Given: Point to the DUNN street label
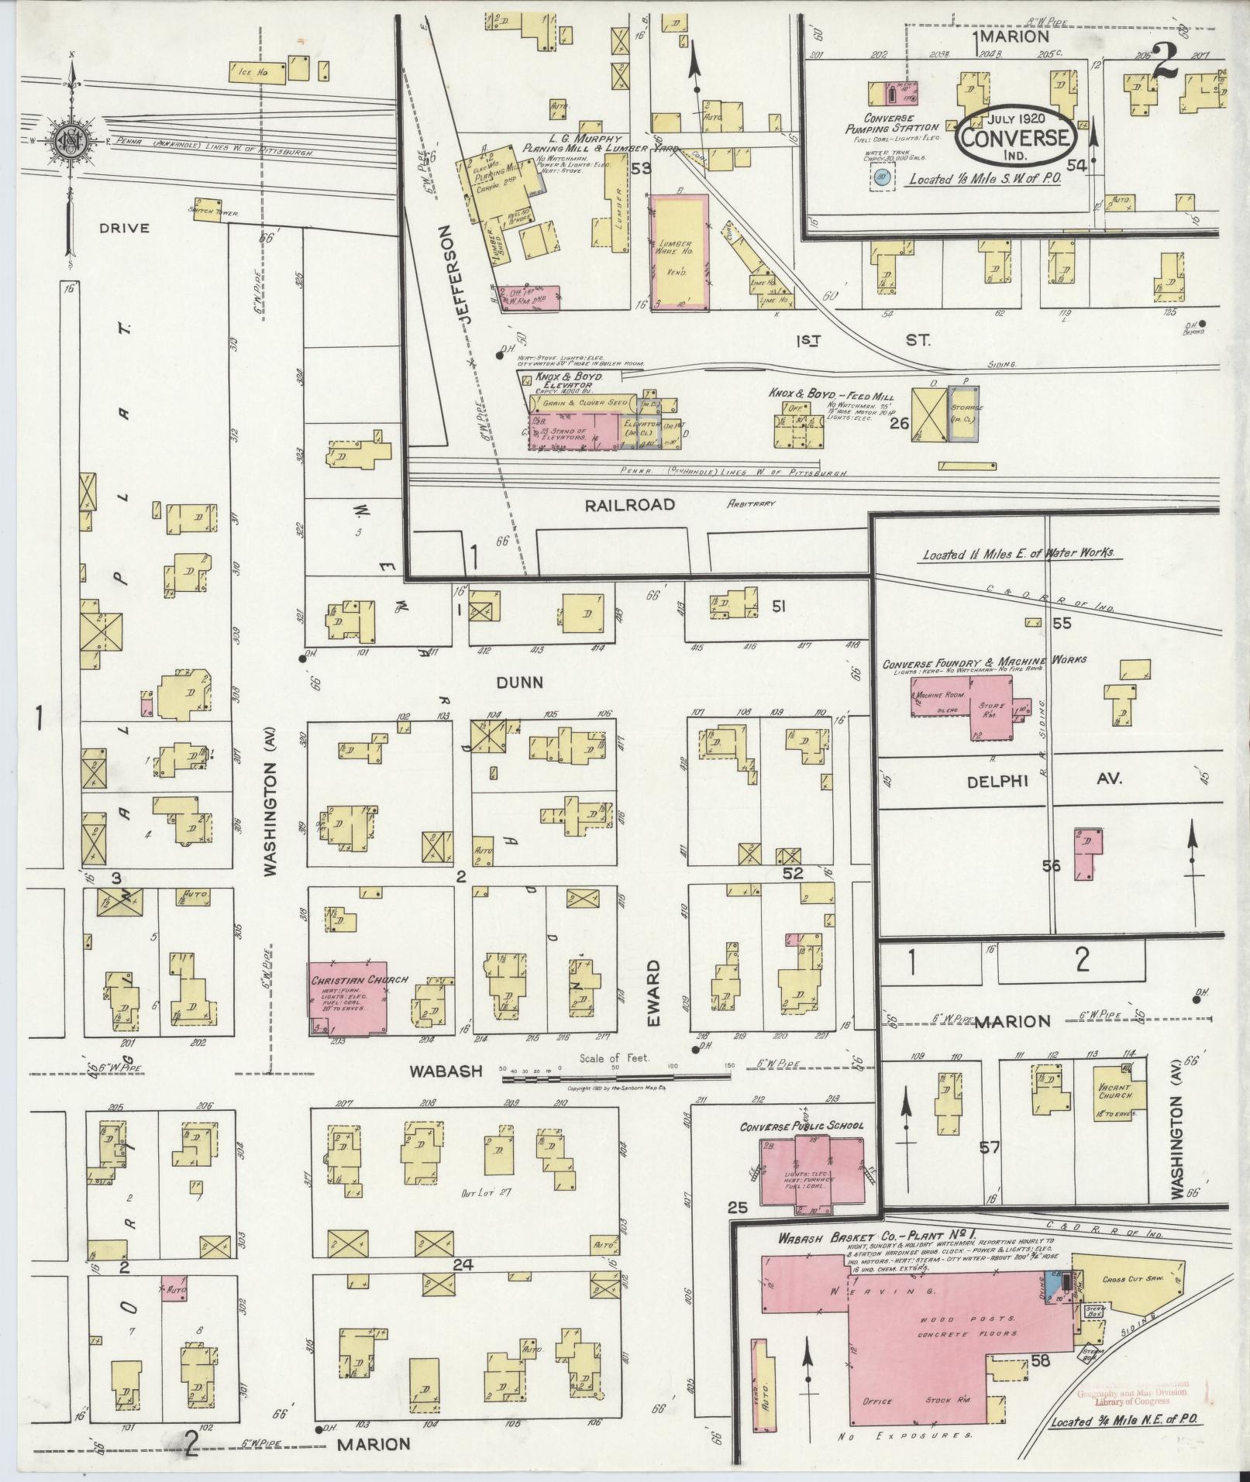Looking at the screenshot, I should [520, 683].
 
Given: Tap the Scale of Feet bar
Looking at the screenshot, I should [617, 1078].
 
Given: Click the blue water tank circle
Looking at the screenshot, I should [880, 177].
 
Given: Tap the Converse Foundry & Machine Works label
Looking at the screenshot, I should [985, 661].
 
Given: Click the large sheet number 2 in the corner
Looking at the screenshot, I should [1164, 60].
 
